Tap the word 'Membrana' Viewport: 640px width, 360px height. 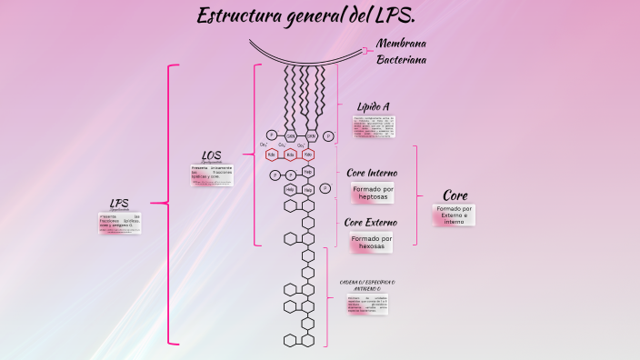tap(401, 44)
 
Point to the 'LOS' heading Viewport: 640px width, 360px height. tap(211, 155)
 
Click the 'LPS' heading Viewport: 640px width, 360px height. tap(119, 203)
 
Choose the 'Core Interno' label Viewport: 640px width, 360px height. tap(372, 173)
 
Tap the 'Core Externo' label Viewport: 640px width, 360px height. tap(373, 222)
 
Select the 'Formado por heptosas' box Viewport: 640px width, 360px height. tap(373, 193)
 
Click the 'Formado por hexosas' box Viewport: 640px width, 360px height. tap(373, 242)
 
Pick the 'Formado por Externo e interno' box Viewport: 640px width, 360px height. tap(454, 215)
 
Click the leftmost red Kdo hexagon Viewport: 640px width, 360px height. tap(272, 155)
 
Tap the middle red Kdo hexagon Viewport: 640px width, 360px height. tap(290, 155)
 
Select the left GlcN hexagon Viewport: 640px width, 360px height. tap(291, 136)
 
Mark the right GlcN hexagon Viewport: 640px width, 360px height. tap(311, 136)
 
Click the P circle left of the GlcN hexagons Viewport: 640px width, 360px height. tap(271, 135)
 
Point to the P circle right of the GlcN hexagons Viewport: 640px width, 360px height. tap(329, 136)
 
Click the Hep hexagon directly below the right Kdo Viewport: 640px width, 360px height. tap(308, 172)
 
